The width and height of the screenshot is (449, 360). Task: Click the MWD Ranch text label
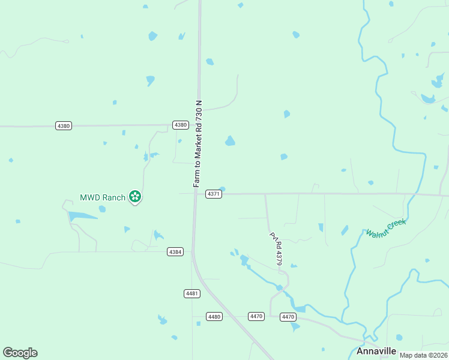coord(103,197)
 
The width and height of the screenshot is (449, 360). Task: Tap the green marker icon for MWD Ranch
coord(135,196)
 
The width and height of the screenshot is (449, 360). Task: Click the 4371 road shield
coord(214,194)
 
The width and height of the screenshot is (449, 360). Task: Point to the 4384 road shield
coord(175,252)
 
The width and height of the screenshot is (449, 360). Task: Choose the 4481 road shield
coord(191,293)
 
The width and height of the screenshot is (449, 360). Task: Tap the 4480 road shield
coord(214,316)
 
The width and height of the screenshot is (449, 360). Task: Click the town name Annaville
coord(376,351)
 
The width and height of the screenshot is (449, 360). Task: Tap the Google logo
coord(20,353)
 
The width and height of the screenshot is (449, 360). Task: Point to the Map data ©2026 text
coord(423,355)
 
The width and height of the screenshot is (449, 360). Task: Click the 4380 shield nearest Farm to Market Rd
coord(181,125)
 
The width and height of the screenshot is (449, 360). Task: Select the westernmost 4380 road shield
coord(63,125)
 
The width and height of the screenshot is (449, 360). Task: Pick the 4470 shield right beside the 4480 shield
coord(256,316)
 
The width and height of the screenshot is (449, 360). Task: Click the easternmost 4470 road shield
coord(288,317)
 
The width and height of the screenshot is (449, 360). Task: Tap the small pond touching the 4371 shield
coord(222,189)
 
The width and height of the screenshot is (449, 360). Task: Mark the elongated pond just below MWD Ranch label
coord(82,216)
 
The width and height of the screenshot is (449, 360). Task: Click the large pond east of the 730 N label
coord(230,141)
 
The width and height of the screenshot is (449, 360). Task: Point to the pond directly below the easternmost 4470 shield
coord(295,327)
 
